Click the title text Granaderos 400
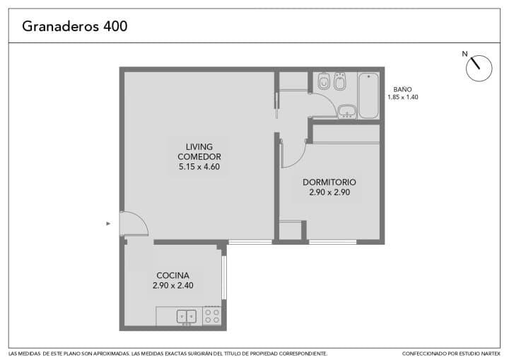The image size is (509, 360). coord(75,26)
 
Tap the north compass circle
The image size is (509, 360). coord(479,68)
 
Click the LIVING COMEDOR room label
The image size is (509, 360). coord(199,152)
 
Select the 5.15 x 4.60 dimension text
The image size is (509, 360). coord(199,167)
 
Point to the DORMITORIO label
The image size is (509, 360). coord(329,182)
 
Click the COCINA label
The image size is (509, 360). coord(172,276)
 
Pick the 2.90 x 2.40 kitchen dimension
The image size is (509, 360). coord(173,285)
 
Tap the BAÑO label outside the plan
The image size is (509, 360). coord(402,89)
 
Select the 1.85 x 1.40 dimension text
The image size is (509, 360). coord(403,97)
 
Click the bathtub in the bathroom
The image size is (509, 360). coord(368,95)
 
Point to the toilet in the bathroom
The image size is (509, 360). coord(324,81)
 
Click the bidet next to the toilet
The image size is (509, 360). coord(340,81)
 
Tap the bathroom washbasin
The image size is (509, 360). coord(347,112)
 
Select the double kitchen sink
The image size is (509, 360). coord(187,317)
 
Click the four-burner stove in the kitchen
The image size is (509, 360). coord(211,316)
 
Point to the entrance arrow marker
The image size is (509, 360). coord(108,223)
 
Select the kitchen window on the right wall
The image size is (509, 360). coord(223,277)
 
